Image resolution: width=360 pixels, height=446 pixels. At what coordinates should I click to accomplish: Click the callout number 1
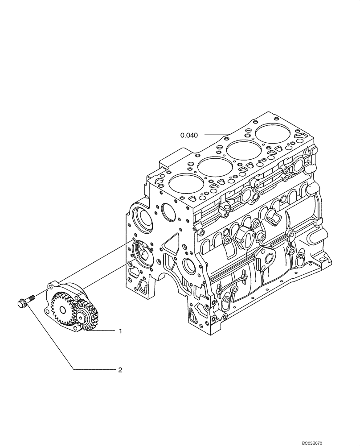pyautogui.click(x=120, y=331)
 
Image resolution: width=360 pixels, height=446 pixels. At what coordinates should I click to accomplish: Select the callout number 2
pyautogui.click(x=120, y=370)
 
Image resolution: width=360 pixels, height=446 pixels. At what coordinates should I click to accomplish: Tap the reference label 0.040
pyautogui.click(x=189, y=134)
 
